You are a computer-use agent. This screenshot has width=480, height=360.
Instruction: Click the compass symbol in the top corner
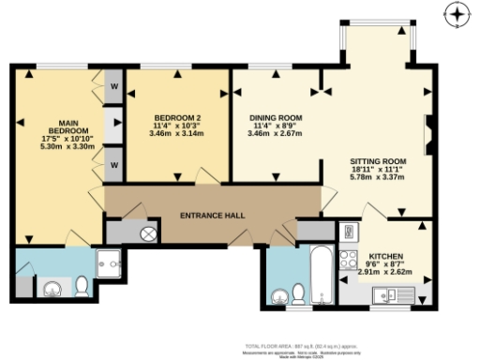[457, 14]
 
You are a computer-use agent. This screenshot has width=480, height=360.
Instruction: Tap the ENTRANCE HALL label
[212, 216]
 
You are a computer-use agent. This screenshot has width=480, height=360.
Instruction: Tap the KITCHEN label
[385, 256]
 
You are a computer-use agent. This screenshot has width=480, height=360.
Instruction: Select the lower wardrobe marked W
[113, 166]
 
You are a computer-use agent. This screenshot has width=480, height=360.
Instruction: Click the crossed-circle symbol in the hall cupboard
[147, 233]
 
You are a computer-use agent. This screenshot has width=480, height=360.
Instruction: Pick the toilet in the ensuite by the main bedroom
[82, 286]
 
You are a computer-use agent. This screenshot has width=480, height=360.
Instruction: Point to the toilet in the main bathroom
[298, 295]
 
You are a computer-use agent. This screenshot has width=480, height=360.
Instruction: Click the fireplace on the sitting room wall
[429, 133]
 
